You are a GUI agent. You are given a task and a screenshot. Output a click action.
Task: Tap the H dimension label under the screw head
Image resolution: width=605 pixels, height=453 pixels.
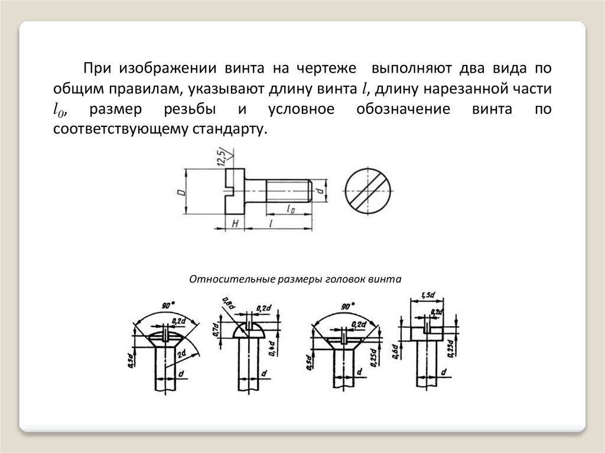[235, 224]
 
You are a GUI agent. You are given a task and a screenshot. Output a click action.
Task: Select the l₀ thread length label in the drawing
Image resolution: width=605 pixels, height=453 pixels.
[291, 208]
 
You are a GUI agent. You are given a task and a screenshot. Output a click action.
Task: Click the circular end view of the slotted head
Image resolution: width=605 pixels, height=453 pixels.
[367, 190]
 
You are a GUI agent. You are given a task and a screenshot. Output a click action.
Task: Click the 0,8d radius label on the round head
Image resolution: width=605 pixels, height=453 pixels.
[226, 307]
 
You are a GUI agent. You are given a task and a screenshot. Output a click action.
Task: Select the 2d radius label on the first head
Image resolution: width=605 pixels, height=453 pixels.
[181, 353]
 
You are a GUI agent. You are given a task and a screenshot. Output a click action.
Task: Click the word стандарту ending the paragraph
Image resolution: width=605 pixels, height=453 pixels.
[227, 129]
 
